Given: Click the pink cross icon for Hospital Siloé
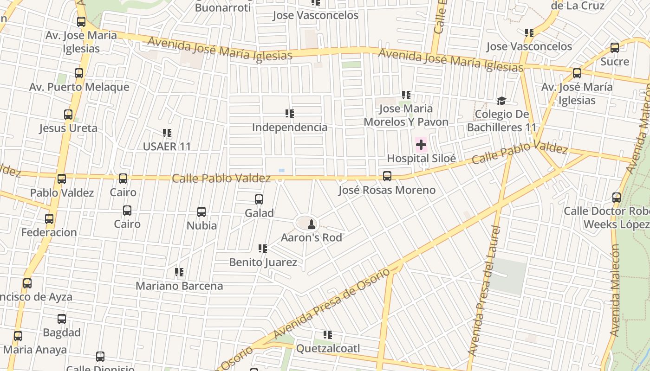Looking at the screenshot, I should (421, 145).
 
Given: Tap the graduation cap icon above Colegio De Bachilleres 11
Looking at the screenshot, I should (501, 101).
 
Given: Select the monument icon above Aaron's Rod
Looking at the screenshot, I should (312, 224).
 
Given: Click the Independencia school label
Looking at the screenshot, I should (290, 127).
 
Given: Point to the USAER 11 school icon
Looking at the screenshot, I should (167, 134).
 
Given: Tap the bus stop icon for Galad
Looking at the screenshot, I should (259, 199).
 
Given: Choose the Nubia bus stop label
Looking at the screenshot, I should (201, 225).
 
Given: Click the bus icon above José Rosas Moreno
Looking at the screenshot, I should (387, 176).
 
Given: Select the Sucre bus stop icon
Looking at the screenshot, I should (615, 47).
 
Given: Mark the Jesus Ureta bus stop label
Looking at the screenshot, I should (68, 128).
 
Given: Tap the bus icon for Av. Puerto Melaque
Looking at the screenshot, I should (79, 73).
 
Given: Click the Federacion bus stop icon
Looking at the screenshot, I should (49, 219).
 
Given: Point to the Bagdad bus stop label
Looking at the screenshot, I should (62, 333).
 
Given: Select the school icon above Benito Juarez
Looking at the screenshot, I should (263, 249).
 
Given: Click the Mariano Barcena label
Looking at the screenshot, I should (179, 286).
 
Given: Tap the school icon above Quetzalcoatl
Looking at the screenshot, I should (328, 334).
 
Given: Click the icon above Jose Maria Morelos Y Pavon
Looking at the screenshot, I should (406, 95).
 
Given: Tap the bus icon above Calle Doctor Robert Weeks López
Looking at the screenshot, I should (617, 198).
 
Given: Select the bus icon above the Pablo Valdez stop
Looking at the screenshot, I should (62, 179).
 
